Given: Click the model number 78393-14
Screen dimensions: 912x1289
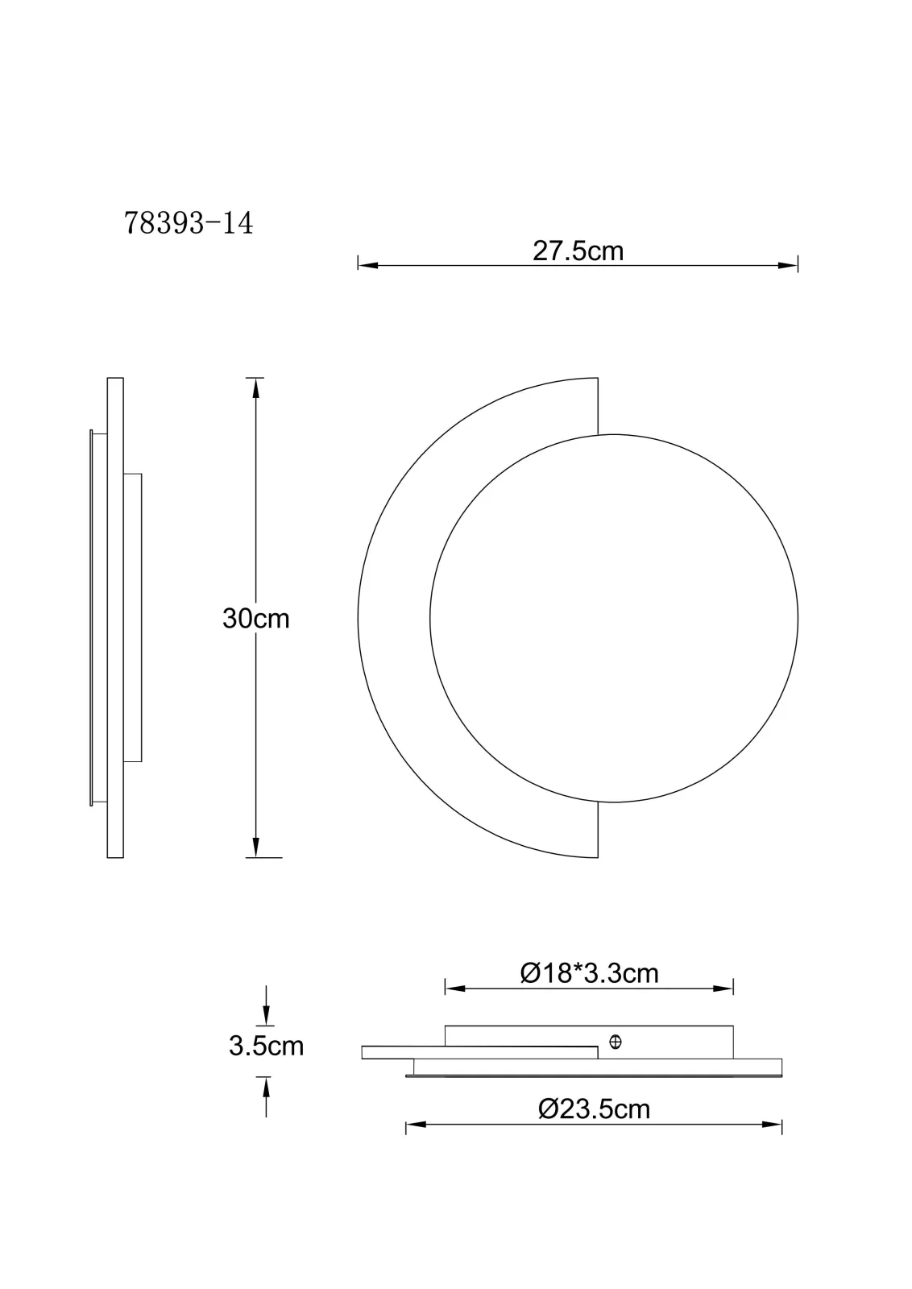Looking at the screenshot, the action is pyautogui.click(x=189, y=223).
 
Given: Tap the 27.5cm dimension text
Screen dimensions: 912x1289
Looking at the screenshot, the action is pyautogui.click(x=578, y=251).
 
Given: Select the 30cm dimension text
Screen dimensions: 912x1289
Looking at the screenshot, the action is pyautogui.click(x=256, y=619).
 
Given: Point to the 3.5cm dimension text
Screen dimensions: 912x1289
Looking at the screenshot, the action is pyautogui.click(x=267, y=1046).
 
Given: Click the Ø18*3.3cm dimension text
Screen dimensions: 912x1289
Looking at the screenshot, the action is pyautogui.click(x=589, y=973).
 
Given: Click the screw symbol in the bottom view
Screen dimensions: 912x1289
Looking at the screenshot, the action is pyautogui.click(x=615, y=1042).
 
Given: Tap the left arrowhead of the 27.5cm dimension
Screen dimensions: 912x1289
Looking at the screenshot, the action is pyautogui.click(x=368, y=265).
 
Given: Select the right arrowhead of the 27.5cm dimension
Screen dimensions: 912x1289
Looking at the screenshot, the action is pyautogui.click(x=788, y=265).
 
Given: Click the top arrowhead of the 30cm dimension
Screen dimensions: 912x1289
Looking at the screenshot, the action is pyautogui.click(x=256, y=388).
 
